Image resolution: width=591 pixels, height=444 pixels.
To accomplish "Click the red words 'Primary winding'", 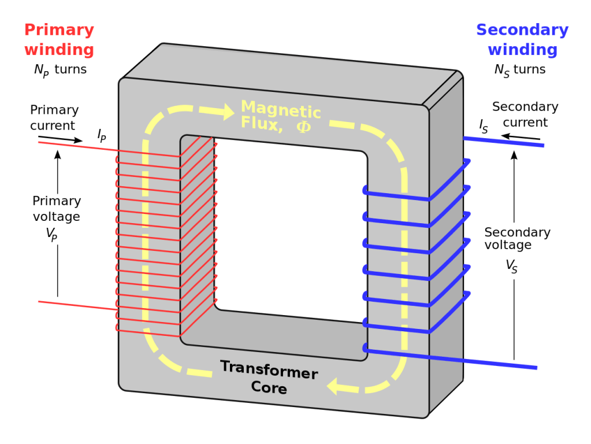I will (x=59, y=39).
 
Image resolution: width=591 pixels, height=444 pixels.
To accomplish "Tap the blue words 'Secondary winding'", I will (x=522, y=39).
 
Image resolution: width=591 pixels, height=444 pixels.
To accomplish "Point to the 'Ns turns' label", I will (x=519, y=70).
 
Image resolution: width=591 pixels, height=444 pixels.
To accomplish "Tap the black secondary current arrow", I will (x=520, y=138).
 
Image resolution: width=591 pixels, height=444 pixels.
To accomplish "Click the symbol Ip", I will (x=102, y=136).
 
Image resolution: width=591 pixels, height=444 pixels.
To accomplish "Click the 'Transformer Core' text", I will (x=269, y=377).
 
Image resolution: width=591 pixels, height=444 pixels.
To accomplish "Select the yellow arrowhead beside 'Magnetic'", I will (x=224, y=112).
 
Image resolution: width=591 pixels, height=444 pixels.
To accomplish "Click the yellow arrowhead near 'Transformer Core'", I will (x=338, y=385).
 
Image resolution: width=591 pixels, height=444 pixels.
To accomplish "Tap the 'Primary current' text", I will (x=54, y=117).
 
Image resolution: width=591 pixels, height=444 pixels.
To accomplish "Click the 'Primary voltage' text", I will (x=56, y=208).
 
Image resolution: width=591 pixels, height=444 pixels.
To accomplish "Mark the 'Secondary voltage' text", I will (x=517, y=238).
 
